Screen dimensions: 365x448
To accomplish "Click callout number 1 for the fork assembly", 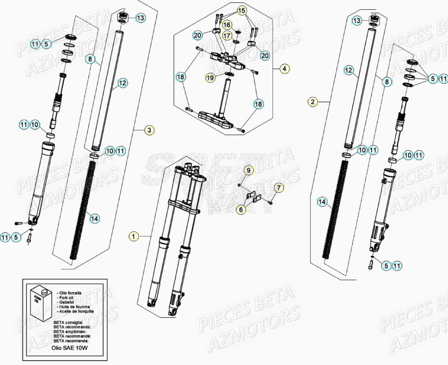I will click(134, 236).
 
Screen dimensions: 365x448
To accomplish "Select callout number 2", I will click(312, 101).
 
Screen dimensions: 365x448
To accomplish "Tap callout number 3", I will click(149, 130).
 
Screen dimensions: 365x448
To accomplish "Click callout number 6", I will click(241, 210).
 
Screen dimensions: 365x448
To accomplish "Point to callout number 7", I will click(278, 188).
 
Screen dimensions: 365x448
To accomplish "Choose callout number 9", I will click(249, 170).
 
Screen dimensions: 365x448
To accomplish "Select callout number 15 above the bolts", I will click(241, 10).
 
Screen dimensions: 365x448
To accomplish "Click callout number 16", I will click(227, 24).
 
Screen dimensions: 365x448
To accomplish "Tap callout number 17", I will click(227, 35).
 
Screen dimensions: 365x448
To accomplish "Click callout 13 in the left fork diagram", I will click(140, 18).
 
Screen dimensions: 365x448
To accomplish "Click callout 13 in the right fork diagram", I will click(357, 21).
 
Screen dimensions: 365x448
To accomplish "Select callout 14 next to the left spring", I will click(94, 218).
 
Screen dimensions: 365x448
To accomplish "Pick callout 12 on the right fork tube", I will click(348, 71).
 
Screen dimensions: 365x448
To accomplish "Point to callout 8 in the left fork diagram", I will click(91, 59).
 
